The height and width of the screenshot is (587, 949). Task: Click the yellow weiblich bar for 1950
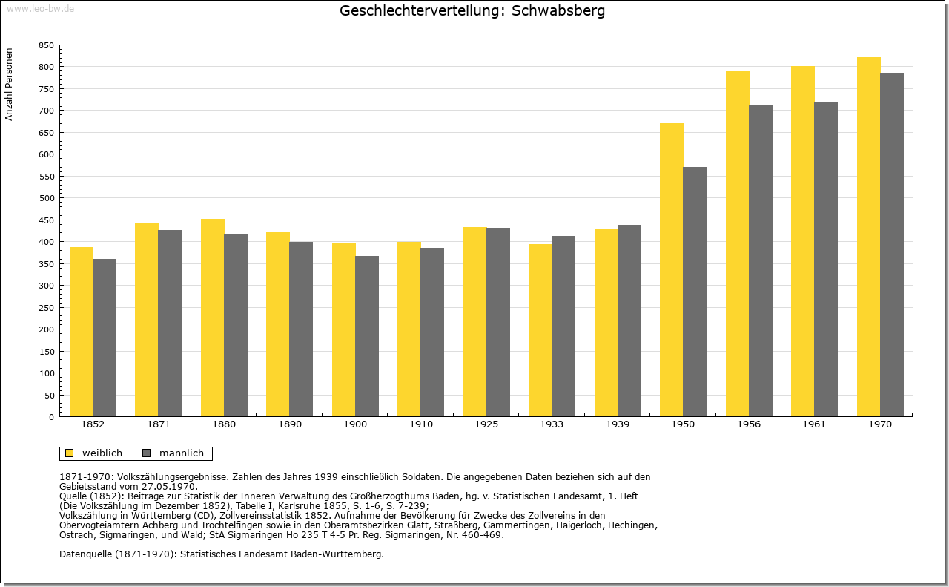point(672,269)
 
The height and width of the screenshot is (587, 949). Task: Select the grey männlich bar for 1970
point(892,245)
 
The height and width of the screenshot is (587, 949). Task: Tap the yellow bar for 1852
point(82,332)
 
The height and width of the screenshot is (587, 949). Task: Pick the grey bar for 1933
point(563,327)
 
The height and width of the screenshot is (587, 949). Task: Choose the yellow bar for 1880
point(213,318)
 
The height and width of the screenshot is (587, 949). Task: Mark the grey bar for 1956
point(761,260)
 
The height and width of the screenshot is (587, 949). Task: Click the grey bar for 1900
point(367,336)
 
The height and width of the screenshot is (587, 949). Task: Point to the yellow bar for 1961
point(803,241)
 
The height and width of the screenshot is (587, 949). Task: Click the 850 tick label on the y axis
point(46,45)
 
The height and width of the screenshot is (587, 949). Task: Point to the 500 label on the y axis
point(46,198)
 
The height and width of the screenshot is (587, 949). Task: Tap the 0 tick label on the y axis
point(51,417)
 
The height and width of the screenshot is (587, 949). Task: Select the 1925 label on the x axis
point(486,424)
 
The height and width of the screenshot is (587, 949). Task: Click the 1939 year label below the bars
point(618,424)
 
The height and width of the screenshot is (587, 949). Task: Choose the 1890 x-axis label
point(290,424)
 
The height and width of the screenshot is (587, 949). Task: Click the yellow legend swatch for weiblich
point(70,453)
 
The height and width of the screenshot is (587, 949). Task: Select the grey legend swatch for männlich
point(147,453)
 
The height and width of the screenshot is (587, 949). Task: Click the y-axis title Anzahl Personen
point(9,85)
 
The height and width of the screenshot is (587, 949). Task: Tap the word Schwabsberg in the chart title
point(558,11)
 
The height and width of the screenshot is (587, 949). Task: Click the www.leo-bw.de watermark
point(40,8)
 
